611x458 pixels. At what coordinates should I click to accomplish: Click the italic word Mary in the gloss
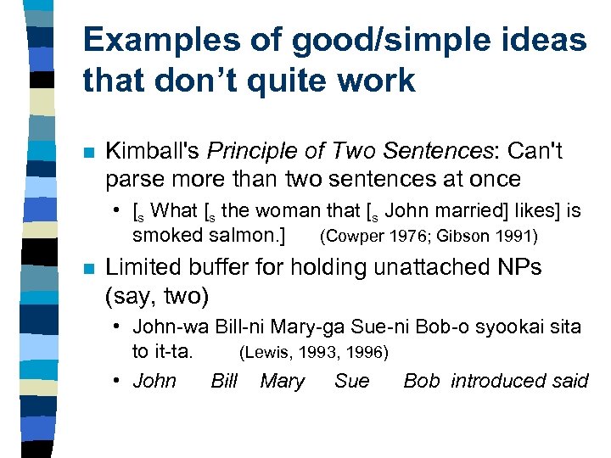pos(282,381)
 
